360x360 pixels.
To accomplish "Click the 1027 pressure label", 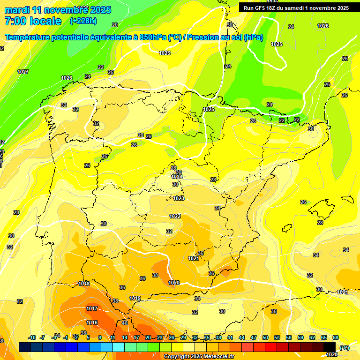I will click(x=22, y=72).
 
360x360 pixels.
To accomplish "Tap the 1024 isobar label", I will click(x=177, y=177).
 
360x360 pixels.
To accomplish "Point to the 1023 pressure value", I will click(x=179, y=198).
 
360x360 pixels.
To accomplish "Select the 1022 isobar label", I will click(x=175, y=216).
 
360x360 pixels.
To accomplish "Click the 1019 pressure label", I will click(x=135, y=298).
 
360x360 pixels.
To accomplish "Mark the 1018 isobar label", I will click(x=84, y=284).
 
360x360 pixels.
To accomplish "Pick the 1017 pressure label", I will click(x=92, y=308).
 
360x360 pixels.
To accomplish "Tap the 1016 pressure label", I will click(x=92, y=322).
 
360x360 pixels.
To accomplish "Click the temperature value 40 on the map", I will click(x=125, y=323).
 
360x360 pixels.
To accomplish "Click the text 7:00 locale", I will click(x=33, y=21).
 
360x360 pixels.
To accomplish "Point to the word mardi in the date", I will click(x=16, y=10).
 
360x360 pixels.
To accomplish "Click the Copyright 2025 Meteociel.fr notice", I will click(x=199, y=357).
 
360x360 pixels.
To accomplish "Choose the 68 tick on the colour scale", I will click(x=336, y=337).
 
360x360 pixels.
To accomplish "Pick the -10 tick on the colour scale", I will click(x=32, y=337).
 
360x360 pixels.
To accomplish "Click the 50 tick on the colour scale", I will click(x=265, y=337).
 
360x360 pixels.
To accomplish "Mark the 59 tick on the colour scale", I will click(x=300, y=337).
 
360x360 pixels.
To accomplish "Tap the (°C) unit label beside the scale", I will click(x=345, y=347).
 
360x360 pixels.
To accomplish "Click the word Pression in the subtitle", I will click(x=202, y=37).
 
